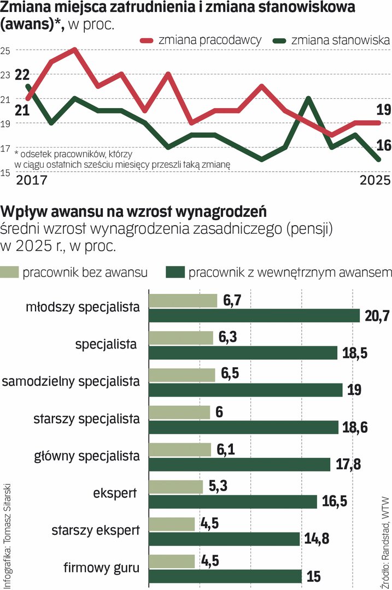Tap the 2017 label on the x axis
click(32, 180)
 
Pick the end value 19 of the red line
click(383, 110)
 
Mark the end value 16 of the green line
click(383, 145)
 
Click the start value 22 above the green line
click(22, 74)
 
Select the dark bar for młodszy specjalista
click(254, 316)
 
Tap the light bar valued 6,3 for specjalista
click(180, 338)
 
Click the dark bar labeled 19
click(245, 390)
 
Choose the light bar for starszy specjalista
click(179, 412)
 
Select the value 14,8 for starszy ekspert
click(315, 539)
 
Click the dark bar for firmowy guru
click(225, 576)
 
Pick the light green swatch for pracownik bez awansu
click(11, 272)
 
